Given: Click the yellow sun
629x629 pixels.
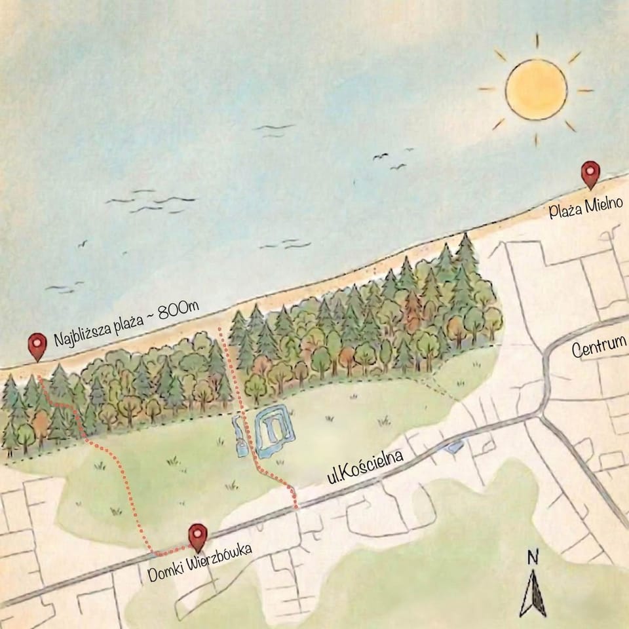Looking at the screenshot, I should click(535, 90).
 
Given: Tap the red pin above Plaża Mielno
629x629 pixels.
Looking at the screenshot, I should click(591, 174).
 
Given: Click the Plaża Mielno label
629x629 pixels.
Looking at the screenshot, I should click(586, 209).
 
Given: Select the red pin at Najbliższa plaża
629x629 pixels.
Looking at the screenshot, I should click(38, 345).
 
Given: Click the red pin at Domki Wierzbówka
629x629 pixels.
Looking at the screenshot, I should click(197, 535).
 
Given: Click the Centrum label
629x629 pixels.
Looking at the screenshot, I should click(598, 351).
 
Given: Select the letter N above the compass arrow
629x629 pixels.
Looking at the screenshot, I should click(533, 558).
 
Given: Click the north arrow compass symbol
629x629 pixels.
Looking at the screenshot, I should click(533, 593).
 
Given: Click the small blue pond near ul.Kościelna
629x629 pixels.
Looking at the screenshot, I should click(452, 448).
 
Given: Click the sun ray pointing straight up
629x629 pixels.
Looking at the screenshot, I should click(536, 41).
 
